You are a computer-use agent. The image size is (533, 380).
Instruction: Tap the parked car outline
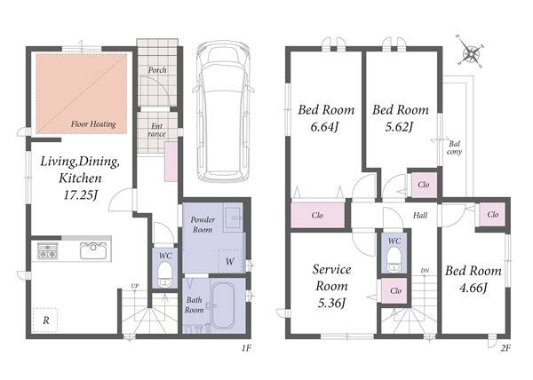click(223, 111)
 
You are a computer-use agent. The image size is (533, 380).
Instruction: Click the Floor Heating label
click(93, 124)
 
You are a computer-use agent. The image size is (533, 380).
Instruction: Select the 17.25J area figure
click(81, 195)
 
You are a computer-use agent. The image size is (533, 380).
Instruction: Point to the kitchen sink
click(93, 251)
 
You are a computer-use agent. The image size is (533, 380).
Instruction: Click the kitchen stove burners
click(47, 251)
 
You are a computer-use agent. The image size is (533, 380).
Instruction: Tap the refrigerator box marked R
click(45, 320)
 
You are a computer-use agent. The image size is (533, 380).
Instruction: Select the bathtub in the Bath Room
click(223, 305)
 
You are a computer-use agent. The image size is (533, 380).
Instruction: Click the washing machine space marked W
click(230, 261)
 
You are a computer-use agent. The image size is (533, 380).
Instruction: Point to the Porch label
click(157, 70)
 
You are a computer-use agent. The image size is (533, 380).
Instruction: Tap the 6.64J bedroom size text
click(324, 127)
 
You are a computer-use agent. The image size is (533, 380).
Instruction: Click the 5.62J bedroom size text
click(399, 127)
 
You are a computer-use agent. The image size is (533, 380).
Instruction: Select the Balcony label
click(454, 147)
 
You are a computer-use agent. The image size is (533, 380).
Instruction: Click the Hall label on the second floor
click(420, 215)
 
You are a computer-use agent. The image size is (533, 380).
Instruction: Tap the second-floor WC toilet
click(394, 259)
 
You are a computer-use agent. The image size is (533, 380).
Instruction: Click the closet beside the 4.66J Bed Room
click(492, 215)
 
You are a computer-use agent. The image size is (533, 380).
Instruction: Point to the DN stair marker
click(425, 271)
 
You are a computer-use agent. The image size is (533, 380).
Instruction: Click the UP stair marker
click(135, 286)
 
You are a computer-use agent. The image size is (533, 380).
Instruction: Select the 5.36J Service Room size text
click(331, 303)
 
